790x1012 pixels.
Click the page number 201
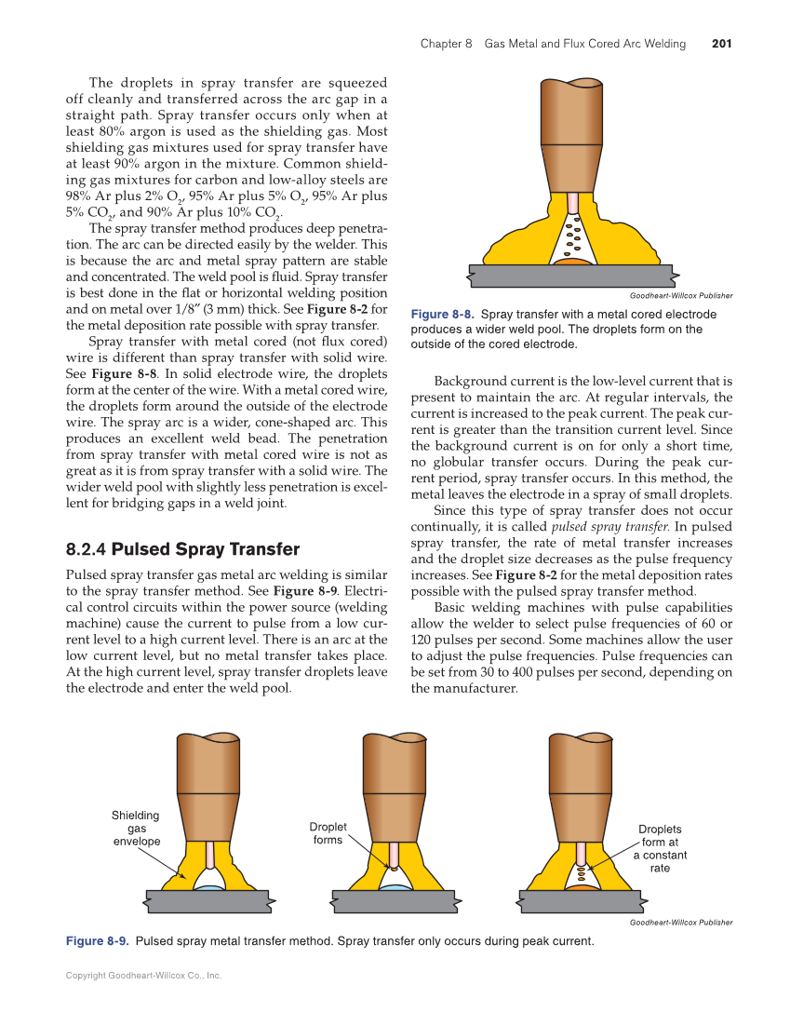coord(721,44)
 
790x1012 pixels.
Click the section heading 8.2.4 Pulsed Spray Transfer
coord(182,549)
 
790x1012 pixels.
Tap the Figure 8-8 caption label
coord(443,315)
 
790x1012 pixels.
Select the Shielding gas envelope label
coord(137,828)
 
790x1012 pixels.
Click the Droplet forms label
coord(328,833)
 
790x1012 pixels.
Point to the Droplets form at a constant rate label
coord(660,848)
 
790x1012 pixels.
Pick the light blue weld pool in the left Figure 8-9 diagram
coord(209,888)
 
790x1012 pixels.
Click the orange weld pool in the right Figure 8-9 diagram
coord(582,888)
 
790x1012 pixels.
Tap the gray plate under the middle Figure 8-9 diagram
coord(395,901)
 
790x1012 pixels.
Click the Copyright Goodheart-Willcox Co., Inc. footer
coord(143,976)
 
